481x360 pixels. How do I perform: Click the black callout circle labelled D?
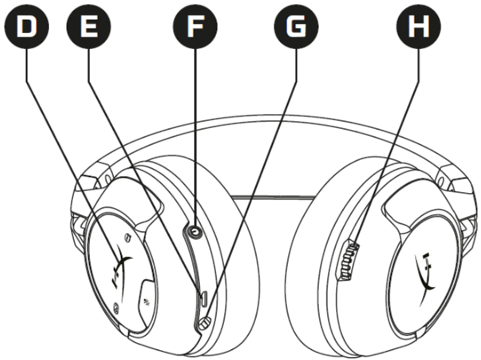click(x=27, y=27)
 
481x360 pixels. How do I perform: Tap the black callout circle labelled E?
click(x=89, y=27)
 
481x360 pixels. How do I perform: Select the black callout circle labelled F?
click(x=195, y=27)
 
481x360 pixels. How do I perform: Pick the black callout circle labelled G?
click(x=296, y=27)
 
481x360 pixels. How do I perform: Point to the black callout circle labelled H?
click(x=419, y=27)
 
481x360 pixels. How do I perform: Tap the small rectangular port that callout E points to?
click(x=204, y=299)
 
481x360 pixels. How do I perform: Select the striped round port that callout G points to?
click(x=205, y=323)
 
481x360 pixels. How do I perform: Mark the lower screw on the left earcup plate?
click(x=116, y=307)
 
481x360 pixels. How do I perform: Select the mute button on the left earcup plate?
click(x=147, y=300)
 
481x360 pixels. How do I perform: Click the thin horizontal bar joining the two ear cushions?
click(x=273, y=198)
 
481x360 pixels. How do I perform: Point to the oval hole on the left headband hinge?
click(x=108, y=178)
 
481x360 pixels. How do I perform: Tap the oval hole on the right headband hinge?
click(x=441, y=182)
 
